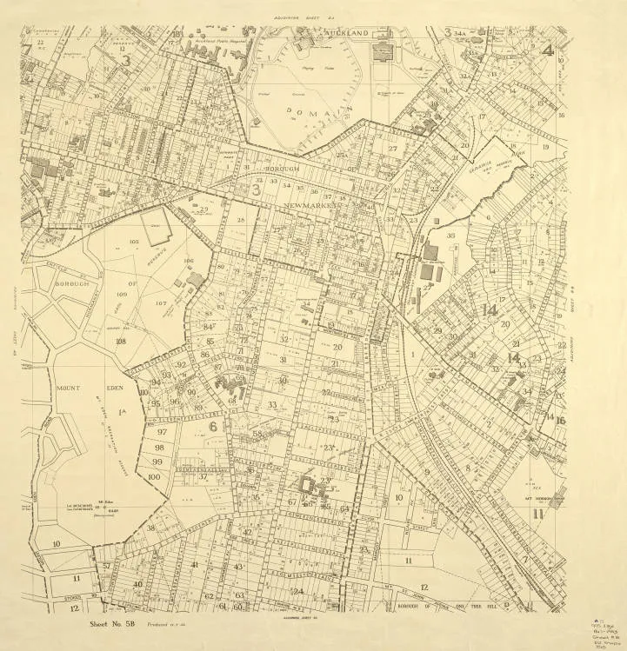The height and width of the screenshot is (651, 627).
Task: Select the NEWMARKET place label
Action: [x=314, y=204]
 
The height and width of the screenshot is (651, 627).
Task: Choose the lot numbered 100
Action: [x=154, y=476]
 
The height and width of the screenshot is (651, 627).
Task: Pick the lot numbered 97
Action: [x=162, y=432]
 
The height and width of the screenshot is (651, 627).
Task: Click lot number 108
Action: [x=120, y=342]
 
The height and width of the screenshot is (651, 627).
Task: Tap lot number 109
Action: [x=122, y=296]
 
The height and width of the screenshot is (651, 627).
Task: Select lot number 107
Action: [x=161, y=303]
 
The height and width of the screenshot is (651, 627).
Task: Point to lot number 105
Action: [x=188, y=261]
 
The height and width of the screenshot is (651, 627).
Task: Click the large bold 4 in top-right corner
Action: [x=547, y=49]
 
